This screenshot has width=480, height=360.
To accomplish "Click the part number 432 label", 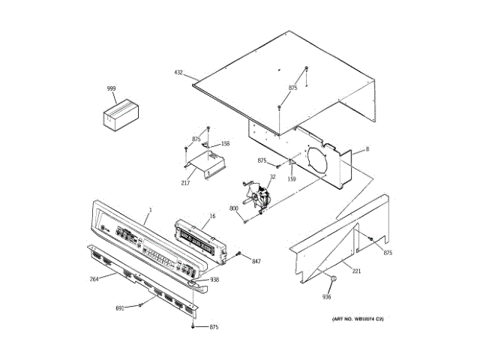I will coord(178,73).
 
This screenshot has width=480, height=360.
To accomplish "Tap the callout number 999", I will coord(111,89).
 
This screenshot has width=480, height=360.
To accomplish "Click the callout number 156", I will coord(224,143).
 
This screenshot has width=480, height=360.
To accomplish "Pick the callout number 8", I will coord(367,149).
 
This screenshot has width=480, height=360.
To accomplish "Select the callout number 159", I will coord(292,178).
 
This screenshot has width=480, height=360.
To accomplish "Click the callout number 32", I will coord(273,177).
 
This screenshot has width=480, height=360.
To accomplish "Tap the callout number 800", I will coord(233,208).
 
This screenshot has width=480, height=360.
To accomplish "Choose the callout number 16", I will coord(212,216).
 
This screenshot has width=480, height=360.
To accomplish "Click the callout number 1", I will coord(150,209).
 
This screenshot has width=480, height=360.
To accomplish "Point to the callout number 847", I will coord(256,261).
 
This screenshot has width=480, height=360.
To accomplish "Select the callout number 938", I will coord(214,280).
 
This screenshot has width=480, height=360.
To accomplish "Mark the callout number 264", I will coord(94,280).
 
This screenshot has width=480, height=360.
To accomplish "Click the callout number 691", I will coord(120,308).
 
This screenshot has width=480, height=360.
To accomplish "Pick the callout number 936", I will coord(326,297).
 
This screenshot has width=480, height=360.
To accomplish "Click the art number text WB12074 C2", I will coord(358,319).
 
